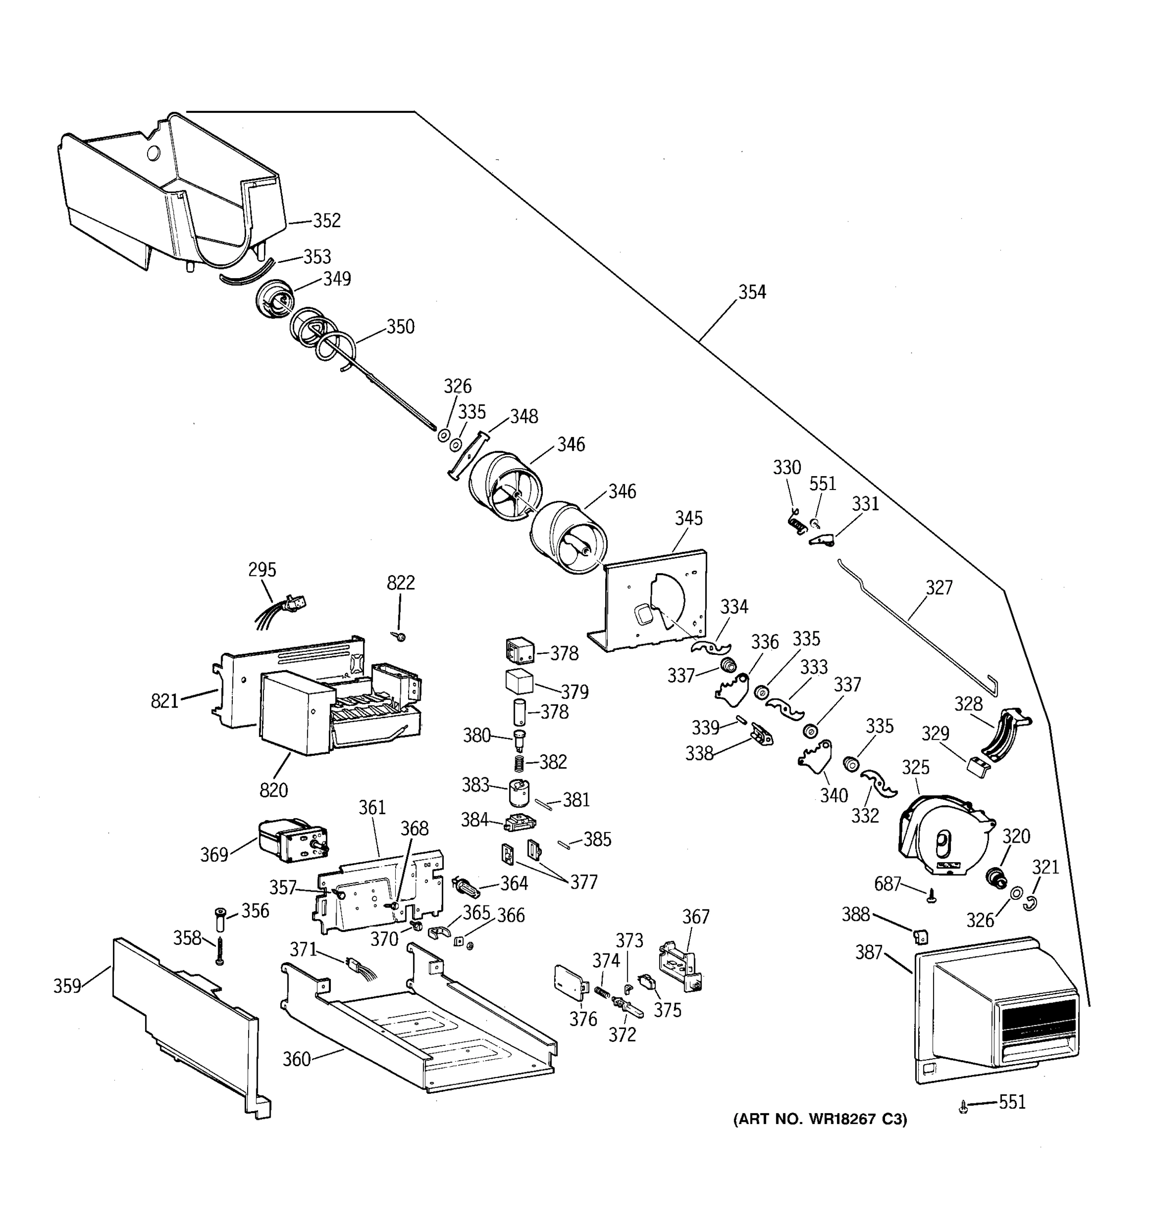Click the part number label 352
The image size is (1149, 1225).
point(326,220)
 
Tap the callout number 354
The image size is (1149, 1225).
point(752,292)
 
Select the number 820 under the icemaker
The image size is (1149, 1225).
point(274,790)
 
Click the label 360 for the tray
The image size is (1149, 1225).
point(297,1059)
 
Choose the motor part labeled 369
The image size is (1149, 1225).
point(290,841)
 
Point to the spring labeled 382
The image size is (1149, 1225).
point(519,763)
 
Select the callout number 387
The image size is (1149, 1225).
point(869,952)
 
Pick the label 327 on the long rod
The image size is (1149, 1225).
point(939,588)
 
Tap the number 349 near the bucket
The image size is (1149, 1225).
point(337,279)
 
